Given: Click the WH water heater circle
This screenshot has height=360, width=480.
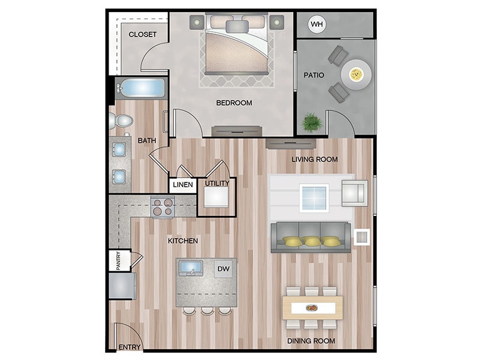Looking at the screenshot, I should click(316, 25).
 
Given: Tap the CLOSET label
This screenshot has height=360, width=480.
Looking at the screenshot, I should click(143, 34).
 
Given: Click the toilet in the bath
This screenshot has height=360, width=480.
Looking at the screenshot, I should click(122, 121).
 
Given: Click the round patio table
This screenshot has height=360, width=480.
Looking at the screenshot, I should click(356, 75).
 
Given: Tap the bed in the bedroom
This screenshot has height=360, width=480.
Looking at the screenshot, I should click(235, 48).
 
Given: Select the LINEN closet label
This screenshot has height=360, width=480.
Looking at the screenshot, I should click(183, 185).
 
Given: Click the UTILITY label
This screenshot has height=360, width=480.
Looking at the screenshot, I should click(217, 183).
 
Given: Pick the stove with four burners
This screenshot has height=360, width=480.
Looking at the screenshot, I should click(163, 207).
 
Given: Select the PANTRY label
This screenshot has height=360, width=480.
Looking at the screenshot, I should click(118, 261).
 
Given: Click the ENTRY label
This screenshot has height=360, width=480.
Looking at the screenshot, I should click(129, 347).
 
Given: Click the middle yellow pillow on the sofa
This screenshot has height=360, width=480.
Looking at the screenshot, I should click(311, 241).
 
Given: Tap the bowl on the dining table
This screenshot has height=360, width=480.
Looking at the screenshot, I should click(312, 308).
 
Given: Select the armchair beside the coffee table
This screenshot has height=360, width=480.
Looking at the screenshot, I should click(354, 192).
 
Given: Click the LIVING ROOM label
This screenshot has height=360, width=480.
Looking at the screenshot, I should click(314, 160).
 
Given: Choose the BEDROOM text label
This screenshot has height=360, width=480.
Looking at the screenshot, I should click(234, 103).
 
